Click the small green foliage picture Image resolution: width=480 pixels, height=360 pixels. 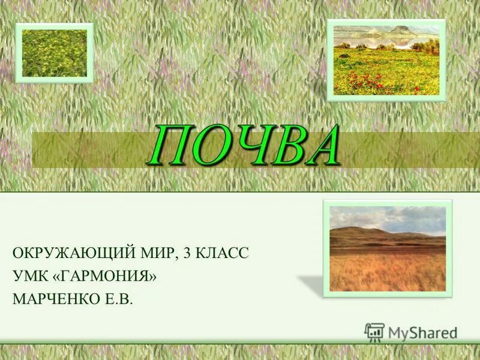click(55, 53)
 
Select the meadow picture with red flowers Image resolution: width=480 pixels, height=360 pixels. click(386, 60)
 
